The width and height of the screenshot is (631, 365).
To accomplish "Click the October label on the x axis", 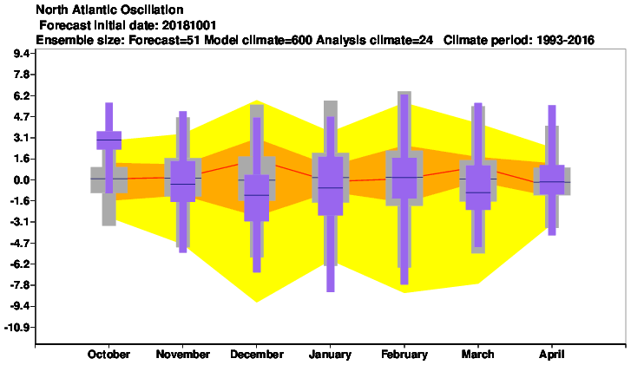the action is tap(108, 354).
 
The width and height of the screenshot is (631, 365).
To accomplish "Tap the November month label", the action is tap(182, 354).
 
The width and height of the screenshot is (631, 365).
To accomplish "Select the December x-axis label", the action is tap(257, 354).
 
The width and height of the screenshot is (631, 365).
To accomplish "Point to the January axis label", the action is tap(330, 355).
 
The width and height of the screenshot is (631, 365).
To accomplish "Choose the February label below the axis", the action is tap(404, 355).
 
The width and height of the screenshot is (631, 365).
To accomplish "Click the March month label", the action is tap(477, 354).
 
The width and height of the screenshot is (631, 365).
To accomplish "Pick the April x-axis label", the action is tap(552, 355).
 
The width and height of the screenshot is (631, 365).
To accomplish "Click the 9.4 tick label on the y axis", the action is tap(22, 54).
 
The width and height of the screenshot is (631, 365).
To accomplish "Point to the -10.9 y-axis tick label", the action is tap(16, 328).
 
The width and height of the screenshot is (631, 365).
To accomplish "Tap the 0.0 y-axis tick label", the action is tap(22, 180).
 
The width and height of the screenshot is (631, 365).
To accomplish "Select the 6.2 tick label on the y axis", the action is tap(22, 95).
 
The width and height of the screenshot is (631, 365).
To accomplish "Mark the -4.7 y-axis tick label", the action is tap(20, 244).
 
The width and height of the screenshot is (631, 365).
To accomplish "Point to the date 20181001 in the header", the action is tap(189, 25).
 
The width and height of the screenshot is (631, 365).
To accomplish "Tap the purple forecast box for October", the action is tap(109, 140).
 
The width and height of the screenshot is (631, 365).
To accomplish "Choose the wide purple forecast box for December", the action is tap(257, 198).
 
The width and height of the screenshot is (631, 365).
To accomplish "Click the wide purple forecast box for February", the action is tap(404, 178).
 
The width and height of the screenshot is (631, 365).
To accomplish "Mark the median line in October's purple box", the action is tap(109, 140).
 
